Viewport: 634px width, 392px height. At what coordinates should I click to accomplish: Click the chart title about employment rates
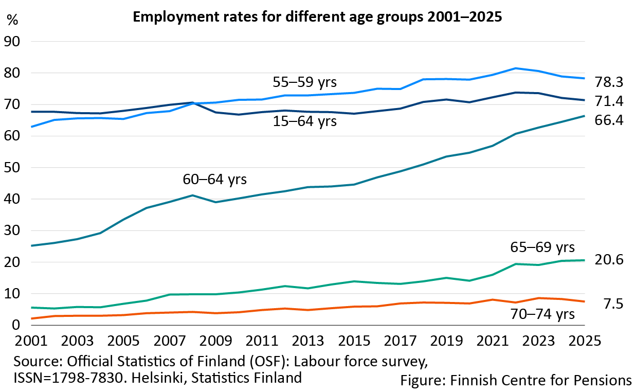(317, 17)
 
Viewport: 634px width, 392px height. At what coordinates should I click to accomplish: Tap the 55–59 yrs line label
(307, 81)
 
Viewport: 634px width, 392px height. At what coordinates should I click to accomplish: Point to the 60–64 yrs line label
(215, 180)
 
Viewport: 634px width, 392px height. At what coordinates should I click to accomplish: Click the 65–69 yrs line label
(541, 247)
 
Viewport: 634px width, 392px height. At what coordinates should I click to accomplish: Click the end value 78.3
(609, 82)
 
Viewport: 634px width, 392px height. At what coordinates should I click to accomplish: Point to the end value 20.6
(609, 260)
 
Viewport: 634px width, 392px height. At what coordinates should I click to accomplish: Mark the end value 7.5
(613, 305)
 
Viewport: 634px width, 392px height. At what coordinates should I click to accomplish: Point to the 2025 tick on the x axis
(584, 342)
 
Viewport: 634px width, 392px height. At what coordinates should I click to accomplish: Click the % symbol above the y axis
(13, 21)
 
